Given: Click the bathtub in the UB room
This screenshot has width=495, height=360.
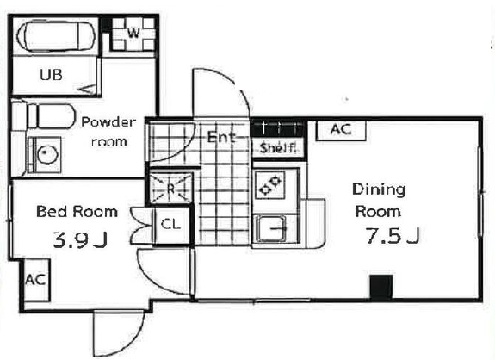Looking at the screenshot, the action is tap(56, 35).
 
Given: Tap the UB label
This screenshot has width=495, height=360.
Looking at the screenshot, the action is tap(51, 75).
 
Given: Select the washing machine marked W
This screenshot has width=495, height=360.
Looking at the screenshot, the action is tap(133, 33).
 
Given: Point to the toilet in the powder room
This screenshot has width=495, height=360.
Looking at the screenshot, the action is tap(44, 116).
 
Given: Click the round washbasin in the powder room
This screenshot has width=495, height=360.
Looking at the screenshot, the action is tap(47, 154).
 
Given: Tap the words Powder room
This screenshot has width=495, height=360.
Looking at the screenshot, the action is tap(109, 132).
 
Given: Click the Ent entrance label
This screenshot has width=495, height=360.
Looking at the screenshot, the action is tap(221, 138).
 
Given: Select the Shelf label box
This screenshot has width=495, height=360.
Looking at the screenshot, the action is tap(278, 147).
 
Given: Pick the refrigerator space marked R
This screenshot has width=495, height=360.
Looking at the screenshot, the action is tap(170, 188).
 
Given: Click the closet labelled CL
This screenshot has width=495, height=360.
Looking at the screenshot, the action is tap(170, 225).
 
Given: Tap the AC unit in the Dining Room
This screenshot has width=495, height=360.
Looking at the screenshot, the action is tap(341, 130).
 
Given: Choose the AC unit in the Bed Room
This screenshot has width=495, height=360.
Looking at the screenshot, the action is tap(36, 280).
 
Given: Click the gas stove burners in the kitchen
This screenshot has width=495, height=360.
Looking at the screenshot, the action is tap(270, 185).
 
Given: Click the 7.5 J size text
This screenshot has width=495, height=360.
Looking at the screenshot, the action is tap(393, 236).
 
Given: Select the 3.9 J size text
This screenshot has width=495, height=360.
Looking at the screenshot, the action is tap(81, 239).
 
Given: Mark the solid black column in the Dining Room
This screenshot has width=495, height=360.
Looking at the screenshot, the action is tap(381, 287).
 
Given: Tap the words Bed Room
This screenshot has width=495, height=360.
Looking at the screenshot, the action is tap(77, 212).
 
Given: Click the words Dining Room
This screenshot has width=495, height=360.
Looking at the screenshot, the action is tap(379, 200).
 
